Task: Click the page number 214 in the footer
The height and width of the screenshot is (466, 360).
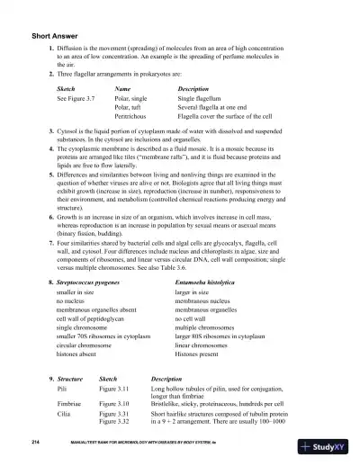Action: (x=34, y=444)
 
